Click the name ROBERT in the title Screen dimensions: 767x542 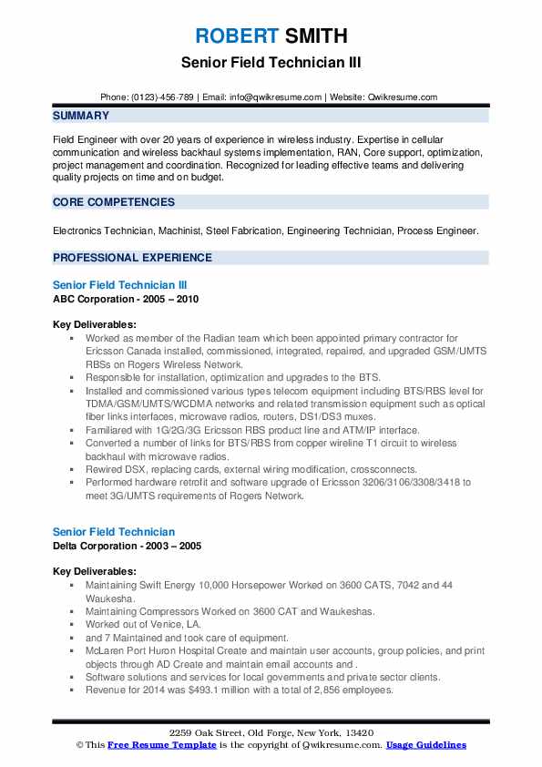point(235,36)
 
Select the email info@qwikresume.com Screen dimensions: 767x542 point(276,97)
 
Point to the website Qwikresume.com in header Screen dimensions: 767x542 point(402,97)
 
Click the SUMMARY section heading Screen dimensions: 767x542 point(81,116)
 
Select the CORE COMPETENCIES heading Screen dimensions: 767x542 point(113,202)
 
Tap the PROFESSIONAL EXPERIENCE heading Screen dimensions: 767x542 point(129,258)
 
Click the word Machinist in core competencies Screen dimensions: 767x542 point(179,231)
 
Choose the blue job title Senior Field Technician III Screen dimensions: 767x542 point(120,285)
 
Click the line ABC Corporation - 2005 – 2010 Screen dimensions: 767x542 point(126,299)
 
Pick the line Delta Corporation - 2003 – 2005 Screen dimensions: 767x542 point(128,546)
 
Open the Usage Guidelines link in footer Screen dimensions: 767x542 point(426,745)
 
